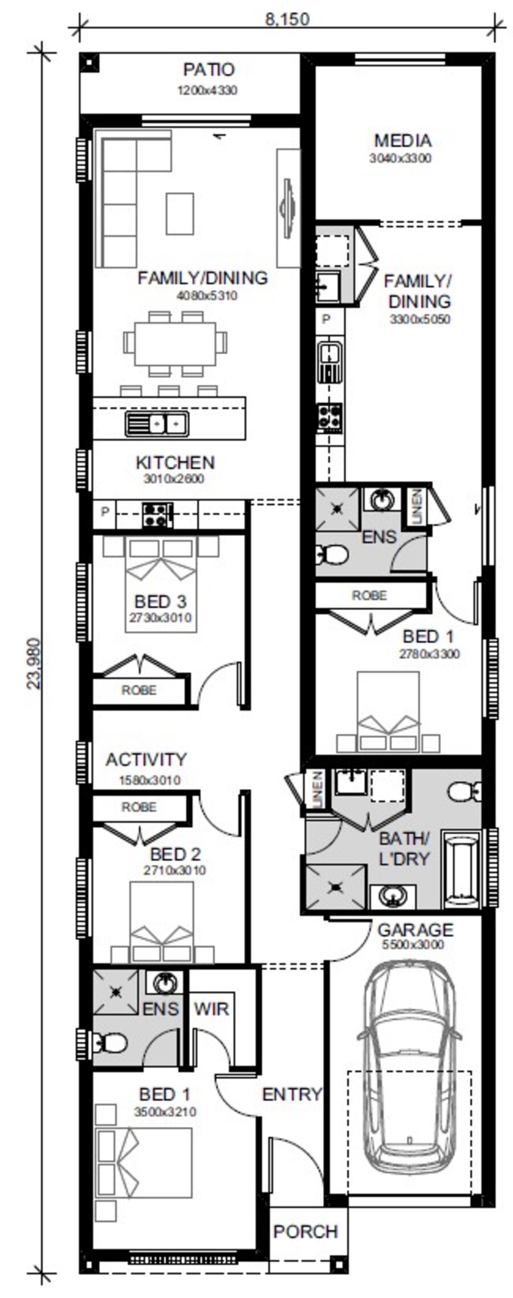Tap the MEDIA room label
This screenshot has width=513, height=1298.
coord(402,140)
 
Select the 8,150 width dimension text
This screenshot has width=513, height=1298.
coord(287,19)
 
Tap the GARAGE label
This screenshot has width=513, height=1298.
coord(415,930)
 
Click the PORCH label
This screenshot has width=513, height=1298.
coord(306,1231)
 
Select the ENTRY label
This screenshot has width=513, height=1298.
coord(292,1093)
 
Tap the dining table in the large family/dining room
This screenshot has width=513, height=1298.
coord(175,344)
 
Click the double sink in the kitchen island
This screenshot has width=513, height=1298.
coord(157,424)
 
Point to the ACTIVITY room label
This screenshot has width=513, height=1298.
coord(146,760)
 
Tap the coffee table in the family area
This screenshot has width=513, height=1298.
coord(180,214)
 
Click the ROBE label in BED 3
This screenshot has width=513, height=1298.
coord(139,690)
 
